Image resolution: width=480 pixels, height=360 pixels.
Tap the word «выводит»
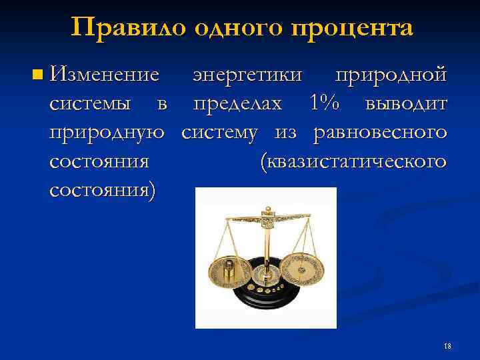tap(407, 104)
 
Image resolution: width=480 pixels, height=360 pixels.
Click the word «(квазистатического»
tap(353, 161)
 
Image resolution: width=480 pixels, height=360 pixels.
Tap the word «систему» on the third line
tap(223, 133)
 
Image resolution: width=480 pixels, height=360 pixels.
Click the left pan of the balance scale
tap(231, 270)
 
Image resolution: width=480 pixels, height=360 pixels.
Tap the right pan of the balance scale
tap(301, 267)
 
